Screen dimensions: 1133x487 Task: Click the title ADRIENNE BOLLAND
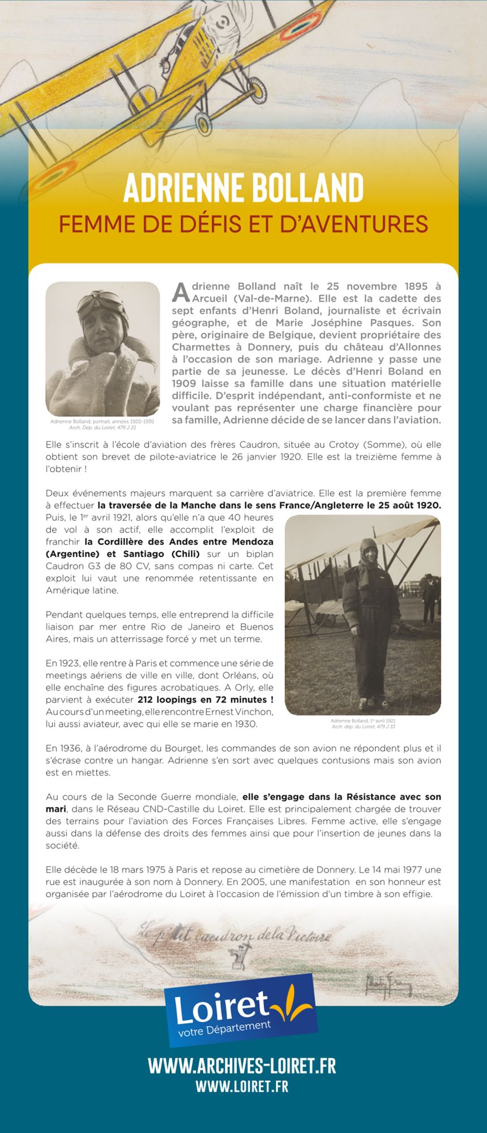pyautogui.click(x=243, y=188)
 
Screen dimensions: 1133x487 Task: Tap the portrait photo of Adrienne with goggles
pyautogui.click(x=102, y=348)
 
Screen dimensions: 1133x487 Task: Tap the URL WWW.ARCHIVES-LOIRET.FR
pyautogui.click(x=242, y=1066)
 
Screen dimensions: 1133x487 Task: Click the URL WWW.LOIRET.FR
pyautogui.click(x=242, y=1086)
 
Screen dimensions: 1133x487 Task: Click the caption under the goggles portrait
pyautogui.click(x=102, y=424)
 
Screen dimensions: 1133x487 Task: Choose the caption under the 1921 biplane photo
pyautogui.click(x=363, y=723)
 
